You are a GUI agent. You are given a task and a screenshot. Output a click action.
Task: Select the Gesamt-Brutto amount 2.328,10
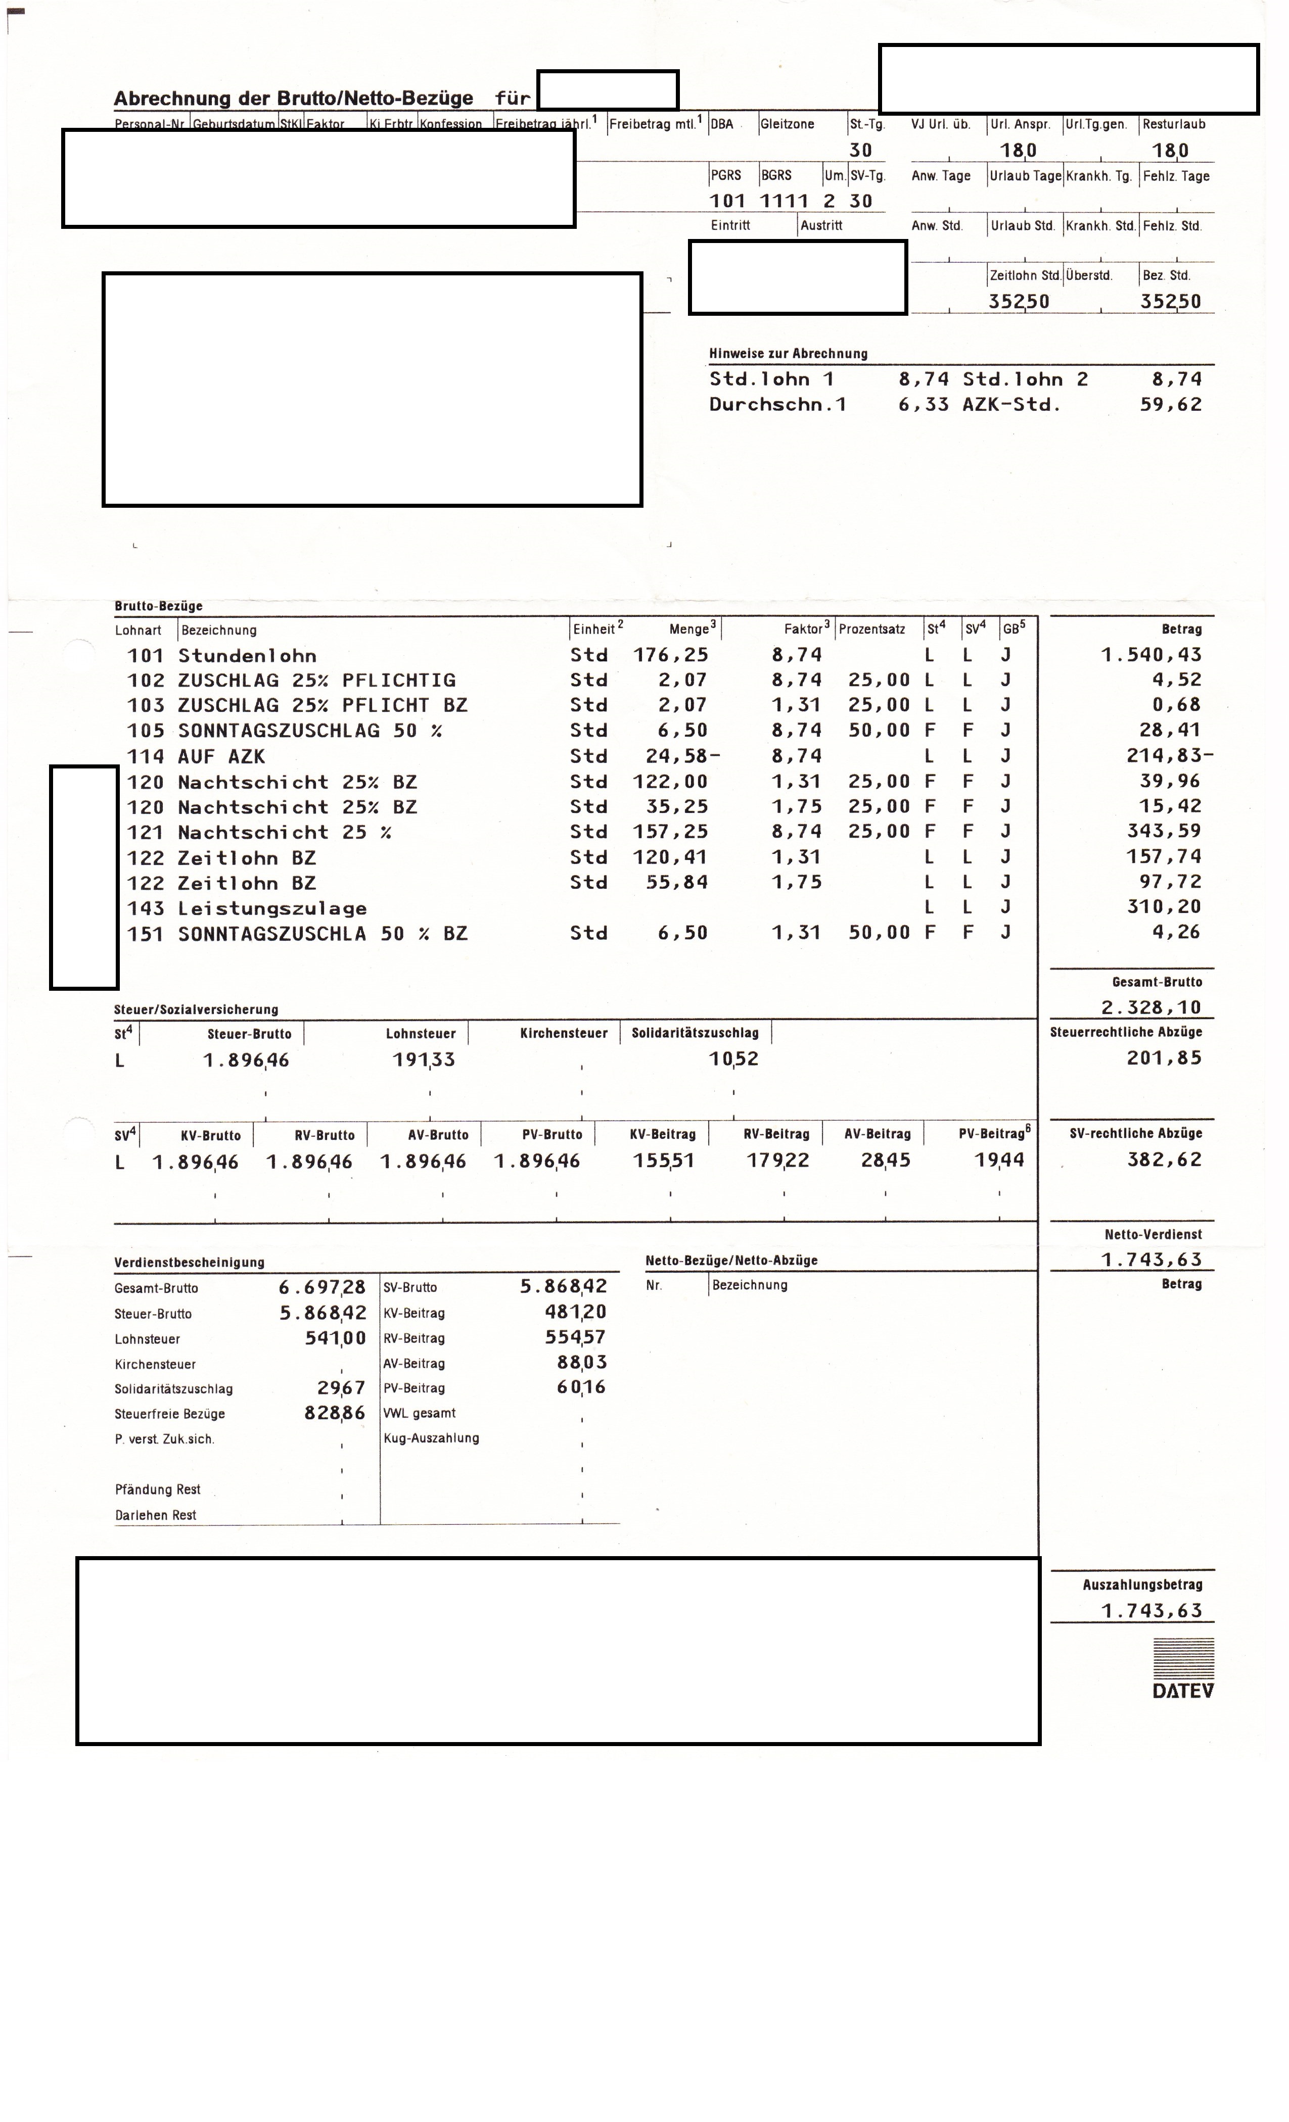1150,1007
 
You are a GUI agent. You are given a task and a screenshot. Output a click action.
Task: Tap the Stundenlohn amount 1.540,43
1150,654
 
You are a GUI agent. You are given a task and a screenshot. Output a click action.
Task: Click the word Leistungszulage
272,908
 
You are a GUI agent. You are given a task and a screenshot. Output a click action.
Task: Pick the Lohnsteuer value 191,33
424,1059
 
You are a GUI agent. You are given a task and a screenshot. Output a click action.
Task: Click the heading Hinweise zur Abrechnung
788,353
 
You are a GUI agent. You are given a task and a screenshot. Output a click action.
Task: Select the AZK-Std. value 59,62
1170,404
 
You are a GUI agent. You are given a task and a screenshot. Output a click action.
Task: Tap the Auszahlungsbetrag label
1142,1584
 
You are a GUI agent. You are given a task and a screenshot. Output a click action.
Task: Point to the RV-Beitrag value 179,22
777,1160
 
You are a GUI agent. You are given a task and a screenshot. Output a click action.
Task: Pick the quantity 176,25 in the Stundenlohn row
670,654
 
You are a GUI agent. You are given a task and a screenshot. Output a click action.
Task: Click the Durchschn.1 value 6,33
923,404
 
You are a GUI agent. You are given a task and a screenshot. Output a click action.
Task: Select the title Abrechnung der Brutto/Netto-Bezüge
293,98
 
